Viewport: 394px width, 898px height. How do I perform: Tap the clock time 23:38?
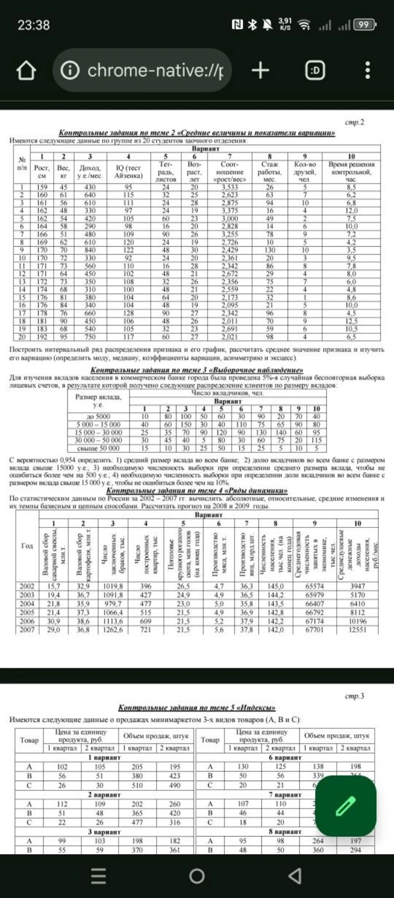coord(33,25)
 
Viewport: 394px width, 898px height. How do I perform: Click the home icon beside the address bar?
coord(25,71)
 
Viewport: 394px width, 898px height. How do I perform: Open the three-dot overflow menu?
coord(367,71)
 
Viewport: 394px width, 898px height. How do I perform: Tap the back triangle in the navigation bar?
coord(296,875)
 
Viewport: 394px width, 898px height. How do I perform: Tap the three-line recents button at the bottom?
coord(99,875)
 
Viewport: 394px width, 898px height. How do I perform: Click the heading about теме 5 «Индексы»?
coord(196,707)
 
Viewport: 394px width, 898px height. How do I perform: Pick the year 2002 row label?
coord(27,586)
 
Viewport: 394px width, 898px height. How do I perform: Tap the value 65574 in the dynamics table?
coord(315,586)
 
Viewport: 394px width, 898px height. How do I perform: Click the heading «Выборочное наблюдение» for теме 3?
coord(196,371)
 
